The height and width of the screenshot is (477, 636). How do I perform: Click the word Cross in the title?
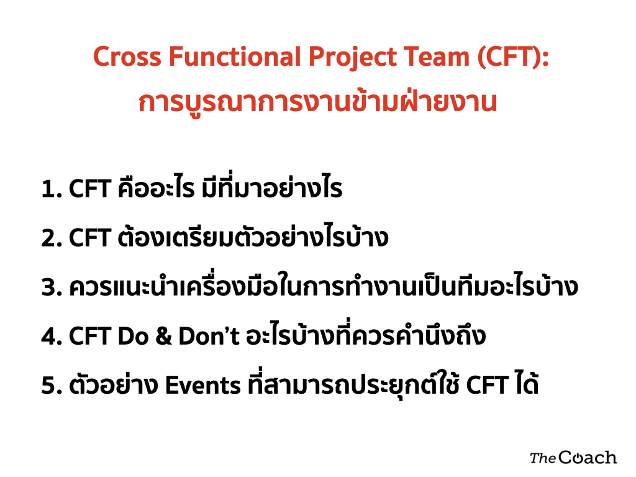[127, 57]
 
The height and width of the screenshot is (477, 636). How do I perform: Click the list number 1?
[52, 189]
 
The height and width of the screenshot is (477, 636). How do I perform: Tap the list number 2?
[52, 238]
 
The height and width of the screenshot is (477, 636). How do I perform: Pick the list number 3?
[52, 287]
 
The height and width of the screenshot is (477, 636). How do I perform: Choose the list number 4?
[52, 336]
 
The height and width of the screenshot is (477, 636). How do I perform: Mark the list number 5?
[52, 385]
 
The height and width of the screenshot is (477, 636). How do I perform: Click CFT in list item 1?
[90, 189]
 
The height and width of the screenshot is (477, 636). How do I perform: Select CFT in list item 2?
[90, 238]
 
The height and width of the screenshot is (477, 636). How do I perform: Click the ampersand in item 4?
[164, 336]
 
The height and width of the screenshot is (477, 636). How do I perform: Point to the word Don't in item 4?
[209, 336]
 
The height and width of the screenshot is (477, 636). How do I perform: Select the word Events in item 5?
[203, 385]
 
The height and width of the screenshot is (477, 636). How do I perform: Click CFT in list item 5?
[487, 385]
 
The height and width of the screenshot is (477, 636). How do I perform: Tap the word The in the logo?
[543, 458]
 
